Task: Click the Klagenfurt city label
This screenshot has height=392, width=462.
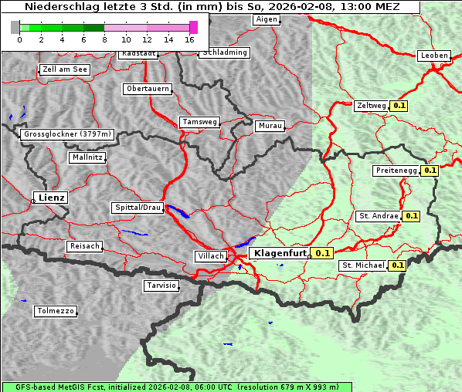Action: (x=279, y=252)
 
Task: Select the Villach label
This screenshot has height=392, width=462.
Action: (x=210, y=255)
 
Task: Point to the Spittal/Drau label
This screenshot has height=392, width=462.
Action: (x=138, y=208)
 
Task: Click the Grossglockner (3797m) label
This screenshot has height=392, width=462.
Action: (x=67, y=134)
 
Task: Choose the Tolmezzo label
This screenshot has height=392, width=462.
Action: (x=56, y=311)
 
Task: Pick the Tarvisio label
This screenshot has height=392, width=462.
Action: (x=161, y=286)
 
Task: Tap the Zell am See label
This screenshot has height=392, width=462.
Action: (x=64, y=69)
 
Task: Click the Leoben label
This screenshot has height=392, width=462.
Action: (x=434, y=56)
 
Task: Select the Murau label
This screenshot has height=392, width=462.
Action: (x=270, y=125)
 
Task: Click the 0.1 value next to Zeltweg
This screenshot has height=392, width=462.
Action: (x=399, y=105)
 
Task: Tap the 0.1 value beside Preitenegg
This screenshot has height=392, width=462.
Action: (x=430, y=171)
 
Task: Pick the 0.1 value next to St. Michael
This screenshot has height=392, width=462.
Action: (x=398, y=265)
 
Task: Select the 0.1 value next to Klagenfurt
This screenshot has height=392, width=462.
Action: (x=322, y=252)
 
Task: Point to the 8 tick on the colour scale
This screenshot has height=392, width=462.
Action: (x=104, y=39)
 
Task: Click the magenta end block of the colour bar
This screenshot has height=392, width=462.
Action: (x=193, y=27)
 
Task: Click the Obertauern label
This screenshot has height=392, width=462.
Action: (x=148, y=89)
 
